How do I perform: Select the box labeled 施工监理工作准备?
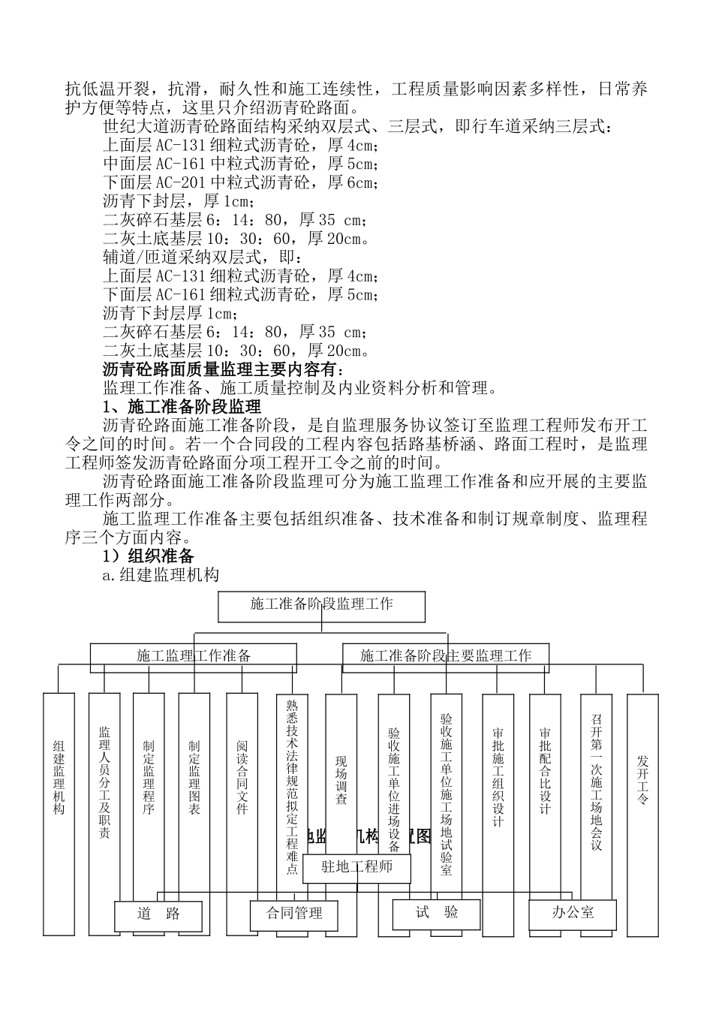click(194, 656)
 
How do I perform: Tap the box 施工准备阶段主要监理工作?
click(446, 656)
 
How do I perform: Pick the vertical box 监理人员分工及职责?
click(104, 782)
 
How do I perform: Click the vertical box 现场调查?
click(341, 781)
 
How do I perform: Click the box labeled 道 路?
click(158, 914)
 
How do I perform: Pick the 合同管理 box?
click(294, 914)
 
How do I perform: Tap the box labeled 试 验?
click(437, 913)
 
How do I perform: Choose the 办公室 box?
click(573, 913)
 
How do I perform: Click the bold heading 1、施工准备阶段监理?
click(182, 406)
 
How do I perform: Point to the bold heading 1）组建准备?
click(149, 556)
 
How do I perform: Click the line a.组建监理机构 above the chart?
click(161, 575)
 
